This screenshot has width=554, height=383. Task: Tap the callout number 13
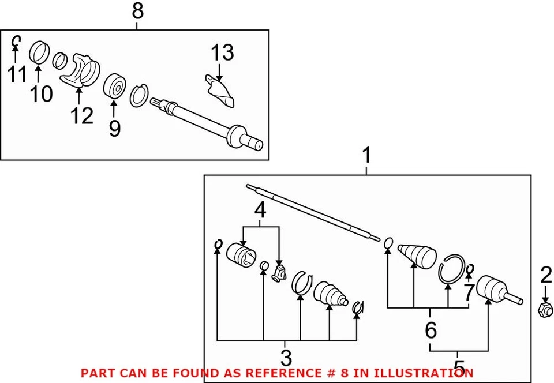pyautogui.click(x=222, y=53)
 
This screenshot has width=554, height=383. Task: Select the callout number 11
pyautogui.click(x=17, y=74)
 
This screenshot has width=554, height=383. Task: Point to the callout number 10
pyautogui.click(x=41, y=93)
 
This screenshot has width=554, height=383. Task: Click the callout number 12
pyautogui.click(x=81, y=116)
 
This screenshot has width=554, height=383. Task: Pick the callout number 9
pyautogui.click(x=114, y=127)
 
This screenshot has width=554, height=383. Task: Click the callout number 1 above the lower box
pyautogui.click(x=366, y=156)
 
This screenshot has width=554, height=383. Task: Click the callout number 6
pyautogui.click(x=431, y=331)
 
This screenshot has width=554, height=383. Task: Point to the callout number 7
pyautogui.click(x=468, y=292)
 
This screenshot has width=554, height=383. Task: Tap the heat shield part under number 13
pyautogui.click(x=220, y=90)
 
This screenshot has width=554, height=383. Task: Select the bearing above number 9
pyautogui.click(x=114, y=87)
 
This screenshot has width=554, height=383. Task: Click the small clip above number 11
pyautogui.click(x=17, y=40)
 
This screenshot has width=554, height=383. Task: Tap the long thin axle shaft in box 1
pyautogui.click(x=312, y=211)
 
